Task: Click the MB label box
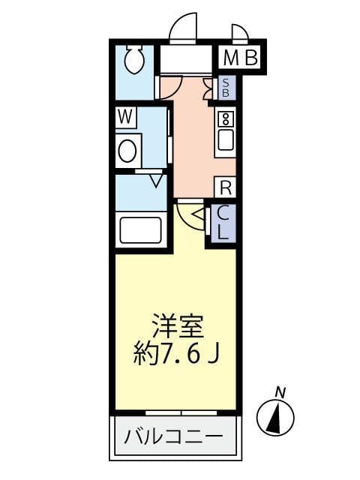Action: (x=240, y=57)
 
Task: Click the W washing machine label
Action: (x=126, y=117)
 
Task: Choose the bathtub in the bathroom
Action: (x=141, y=229)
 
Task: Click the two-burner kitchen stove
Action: (x=225, y=118)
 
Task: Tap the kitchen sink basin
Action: (x=225, y=140)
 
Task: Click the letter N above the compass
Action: (x=280, y=391)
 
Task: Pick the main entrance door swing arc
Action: (x=183, y=28)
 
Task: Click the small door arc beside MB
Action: (x=240, y=34)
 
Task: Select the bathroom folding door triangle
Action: (x=156, y=180)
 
